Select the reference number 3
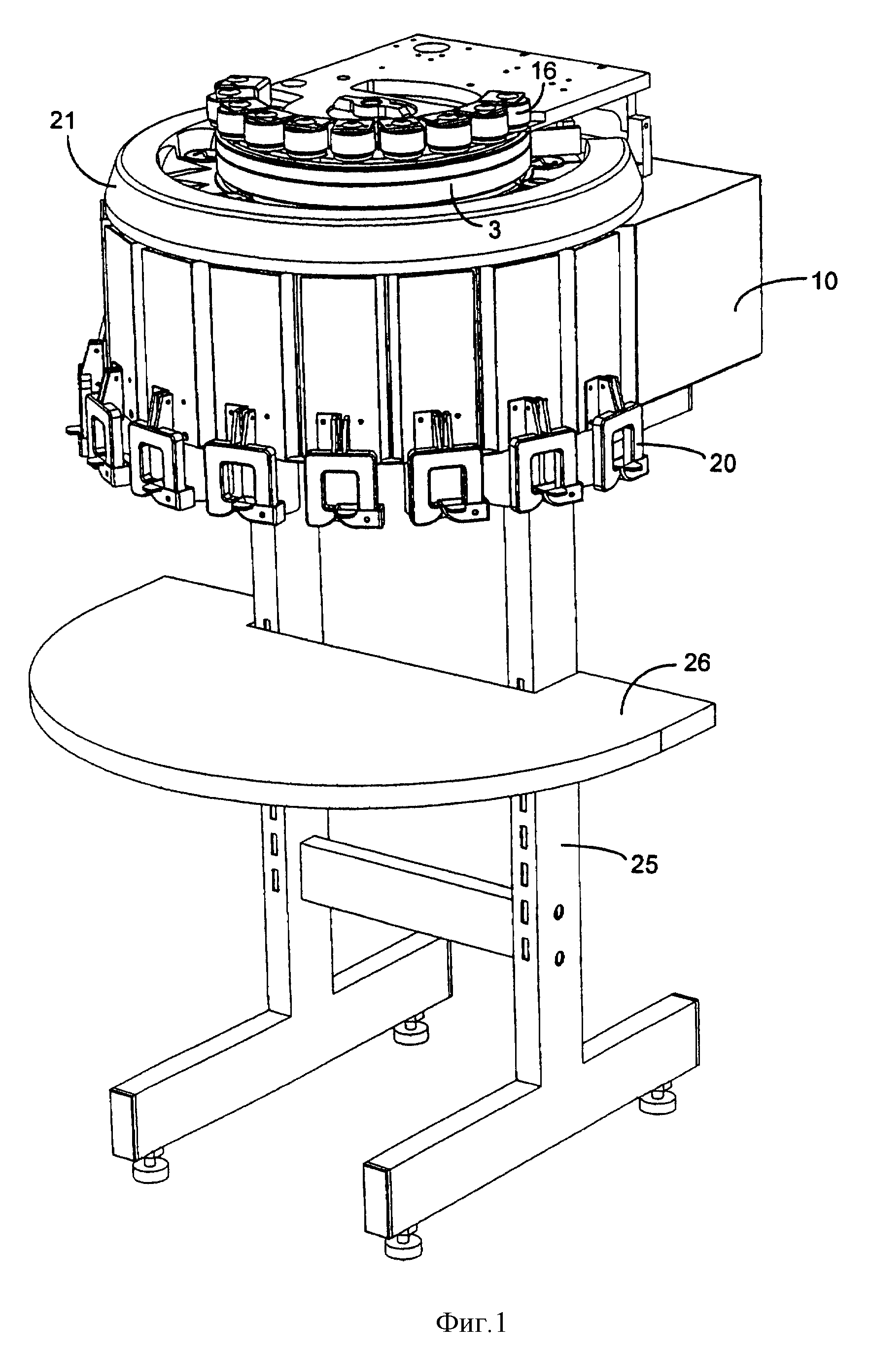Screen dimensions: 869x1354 point(494,231)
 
